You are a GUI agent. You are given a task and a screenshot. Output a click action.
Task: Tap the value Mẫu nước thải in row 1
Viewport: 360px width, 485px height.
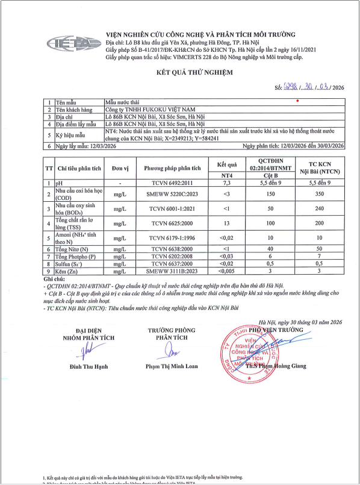[x=122, y=103]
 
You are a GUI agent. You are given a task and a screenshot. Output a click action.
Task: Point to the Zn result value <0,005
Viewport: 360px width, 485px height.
[x=227, y=271]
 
